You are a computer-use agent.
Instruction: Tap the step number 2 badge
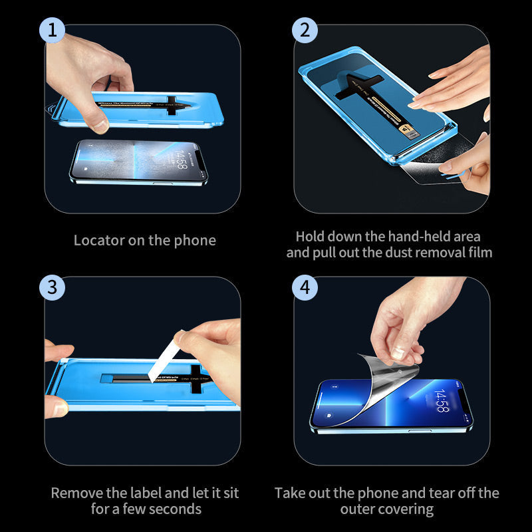click(305, 31)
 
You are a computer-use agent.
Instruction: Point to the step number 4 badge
click(305, 287)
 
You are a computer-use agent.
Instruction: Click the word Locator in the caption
click(98, 240)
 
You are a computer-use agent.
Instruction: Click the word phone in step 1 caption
click(195, 240)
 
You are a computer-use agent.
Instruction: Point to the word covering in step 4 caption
click(407, 509)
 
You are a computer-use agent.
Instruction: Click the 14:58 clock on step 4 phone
click(442, 400)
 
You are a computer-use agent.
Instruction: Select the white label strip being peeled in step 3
click(164, 359)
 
